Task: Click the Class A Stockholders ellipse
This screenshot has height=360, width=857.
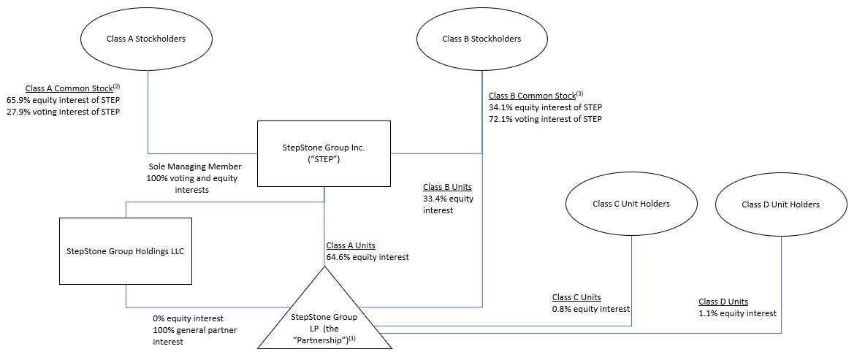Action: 150,39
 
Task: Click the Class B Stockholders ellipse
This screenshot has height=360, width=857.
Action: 481,39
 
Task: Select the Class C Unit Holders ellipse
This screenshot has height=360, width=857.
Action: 631,204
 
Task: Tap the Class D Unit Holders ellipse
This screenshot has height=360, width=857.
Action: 780,204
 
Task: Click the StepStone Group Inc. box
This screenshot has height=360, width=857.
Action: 324,153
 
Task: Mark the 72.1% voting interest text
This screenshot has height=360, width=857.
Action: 545,119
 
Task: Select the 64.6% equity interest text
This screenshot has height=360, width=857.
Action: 367,257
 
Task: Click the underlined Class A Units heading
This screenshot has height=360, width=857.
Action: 351,245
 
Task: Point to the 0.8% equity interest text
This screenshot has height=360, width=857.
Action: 591,309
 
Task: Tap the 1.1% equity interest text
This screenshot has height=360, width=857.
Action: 737,313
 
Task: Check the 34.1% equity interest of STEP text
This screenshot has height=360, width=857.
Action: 545,107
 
